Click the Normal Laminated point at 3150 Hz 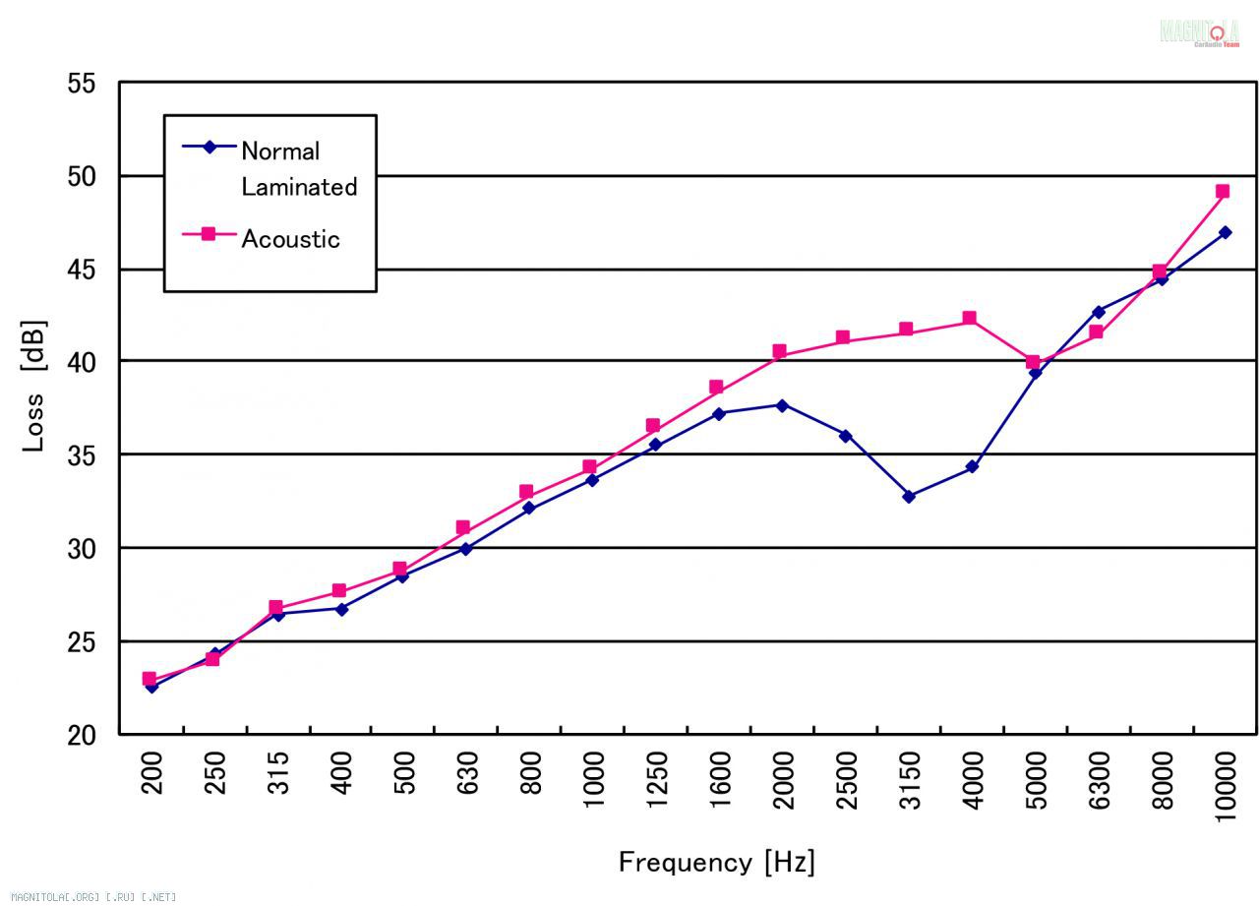(x=909, y=497)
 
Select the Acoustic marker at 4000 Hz (x=970, y=319)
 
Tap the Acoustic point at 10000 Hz (x=1223, y=192)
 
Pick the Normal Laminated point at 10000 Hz (x=1225, y=233)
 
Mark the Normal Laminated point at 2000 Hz (x=782, y=405)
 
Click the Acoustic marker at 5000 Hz (x=1033, y=362)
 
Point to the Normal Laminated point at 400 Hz (x=341, y=609)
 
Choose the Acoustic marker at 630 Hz (x=463, y=528)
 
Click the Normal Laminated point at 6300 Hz (x=1098, y=312)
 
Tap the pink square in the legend (x=209, y=234)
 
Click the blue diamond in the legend (x=209, y=148)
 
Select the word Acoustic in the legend (x=290, y=239)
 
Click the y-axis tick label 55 (x=82, y=84)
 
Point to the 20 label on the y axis (x=82, y=735)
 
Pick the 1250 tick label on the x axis (x=657, y=779)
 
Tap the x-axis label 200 (x=151, y=773)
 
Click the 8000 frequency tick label (x=1163, y=779)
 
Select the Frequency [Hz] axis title (x=716, y=863)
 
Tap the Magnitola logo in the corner (x=1199, y=32)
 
